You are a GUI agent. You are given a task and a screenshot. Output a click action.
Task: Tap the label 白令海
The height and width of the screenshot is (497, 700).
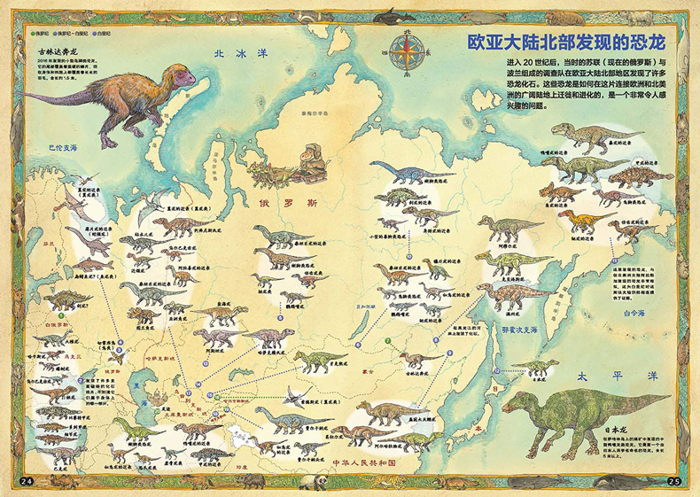click(x=640, y=312)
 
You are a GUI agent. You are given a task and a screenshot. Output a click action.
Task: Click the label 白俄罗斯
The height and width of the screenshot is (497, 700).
click(x=55, y=326)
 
